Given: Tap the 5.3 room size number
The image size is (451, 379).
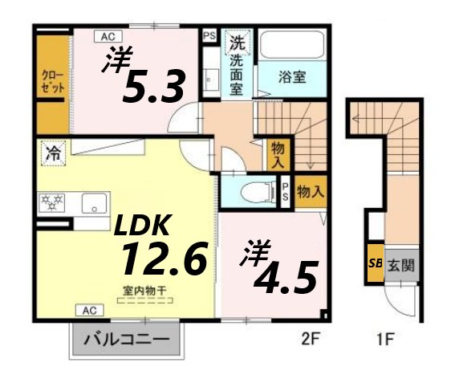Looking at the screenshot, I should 154,87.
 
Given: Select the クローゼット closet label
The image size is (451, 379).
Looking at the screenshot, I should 53,83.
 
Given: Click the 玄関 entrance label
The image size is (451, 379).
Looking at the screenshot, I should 402,266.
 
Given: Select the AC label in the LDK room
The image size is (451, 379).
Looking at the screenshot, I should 90,309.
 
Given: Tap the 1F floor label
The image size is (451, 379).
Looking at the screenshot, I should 384,339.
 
